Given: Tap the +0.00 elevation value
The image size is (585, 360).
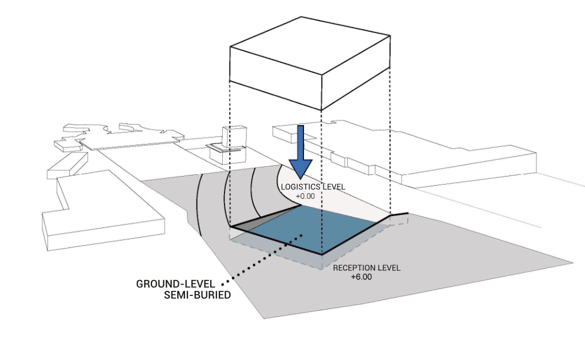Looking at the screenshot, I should pyautogui.click(x=306, y=196).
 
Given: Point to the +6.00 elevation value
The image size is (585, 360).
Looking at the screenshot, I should pyautogui.click(x=361, y=277).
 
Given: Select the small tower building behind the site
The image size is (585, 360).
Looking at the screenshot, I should pyautogui.click(x=234, y=137).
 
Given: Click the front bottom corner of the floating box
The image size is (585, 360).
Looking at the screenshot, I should pyautogui.click(x=321, y=110).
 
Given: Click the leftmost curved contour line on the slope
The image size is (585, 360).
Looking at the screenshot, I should pyautogui.click(x=197, y=206).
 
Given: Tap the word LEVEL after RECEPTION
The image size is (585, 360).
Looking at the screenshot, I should pyautogui.click(x=390, y=268).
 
